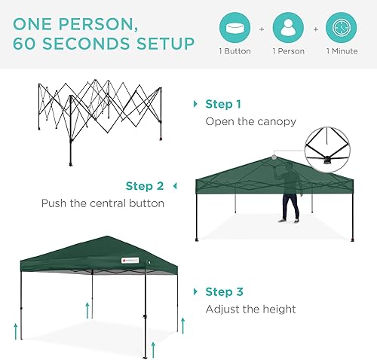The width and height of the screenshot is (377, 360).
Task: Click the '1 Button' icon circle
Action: [x=235, y=28]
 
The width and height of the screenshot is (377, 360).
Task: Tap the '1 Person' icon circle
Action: [x=288, y=28]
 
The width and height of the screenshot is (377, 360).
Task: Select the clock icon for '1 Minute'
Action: [x=341, y=28]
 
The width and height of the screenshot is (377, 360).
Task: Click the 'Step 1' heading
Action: [x=223, y=104]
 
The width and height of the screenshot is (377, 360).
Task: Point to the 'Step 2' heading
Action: [x=145, y=186]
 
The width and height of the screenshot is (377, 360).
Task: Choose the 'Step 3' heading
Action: [x=223, y=291]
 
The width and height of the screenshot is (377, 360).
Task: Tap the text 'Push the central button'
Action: [x=103, y=203]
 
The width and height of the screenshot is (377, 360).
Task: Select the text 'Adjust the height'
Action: [x=250, y=309]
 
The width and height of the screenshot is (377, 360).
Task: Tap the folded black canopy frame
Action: [x=100, y=121]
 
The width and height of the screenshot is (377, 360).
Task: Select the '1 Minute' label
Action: [x=341, y=52]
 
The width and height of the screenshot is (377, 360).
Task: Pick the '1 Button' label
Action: [x=235, y=52]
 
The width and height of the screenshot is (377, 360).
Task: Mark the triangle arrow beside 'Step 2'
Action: [x=175, y=186]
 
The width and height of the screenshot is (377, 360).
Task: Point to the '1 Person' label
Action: [x=288, y=52]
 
